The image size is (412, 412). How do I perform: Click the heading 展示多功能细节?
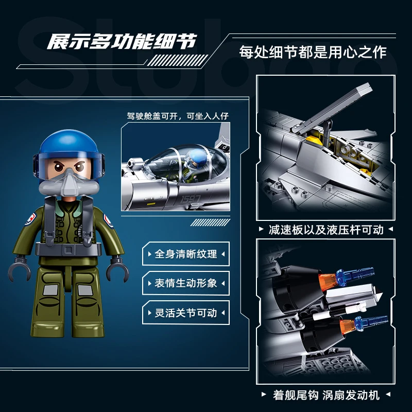122,42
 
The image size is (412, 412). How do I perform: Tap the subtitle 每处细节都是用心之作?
313,52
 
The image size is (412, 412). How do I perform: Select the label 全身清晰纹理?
186,254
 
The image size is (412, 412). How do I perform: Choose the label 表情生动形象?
186,283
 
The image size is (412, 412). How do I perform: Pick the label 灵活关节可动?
186,313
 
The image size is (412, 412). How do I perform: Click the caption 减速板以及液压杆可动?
326,230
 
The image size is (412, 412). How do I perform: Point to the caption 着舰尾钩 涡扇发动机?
326,395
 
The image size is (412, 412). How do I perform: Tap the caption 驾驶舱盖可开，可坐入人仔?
178,116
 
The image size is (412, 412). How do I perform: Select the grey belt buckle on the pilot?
69,249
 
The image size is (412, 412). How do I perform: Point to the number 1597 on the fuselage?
191,200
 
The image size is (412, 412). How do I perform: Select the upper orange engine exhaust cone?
327,282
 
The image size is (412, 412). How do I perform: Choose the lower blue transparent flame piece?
371,323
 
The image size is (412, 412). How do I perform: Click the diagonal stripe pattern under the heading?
178,60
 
